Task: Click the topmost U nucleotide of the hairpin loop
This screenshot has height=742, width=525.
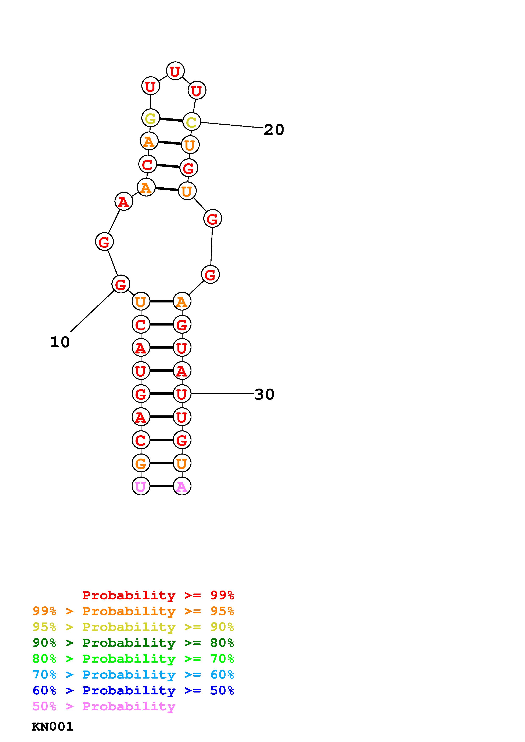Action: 175,71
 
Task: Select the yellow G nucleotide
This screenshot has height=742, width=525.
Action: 151,118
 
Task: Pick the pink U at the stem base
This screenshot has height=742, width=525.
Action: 141,486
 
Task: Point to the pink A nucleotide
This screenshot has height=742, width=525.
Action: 182,486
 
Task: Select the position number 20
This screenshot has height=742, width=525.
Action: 274,130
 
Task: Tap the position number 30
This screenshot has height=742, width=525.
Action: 264,394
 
